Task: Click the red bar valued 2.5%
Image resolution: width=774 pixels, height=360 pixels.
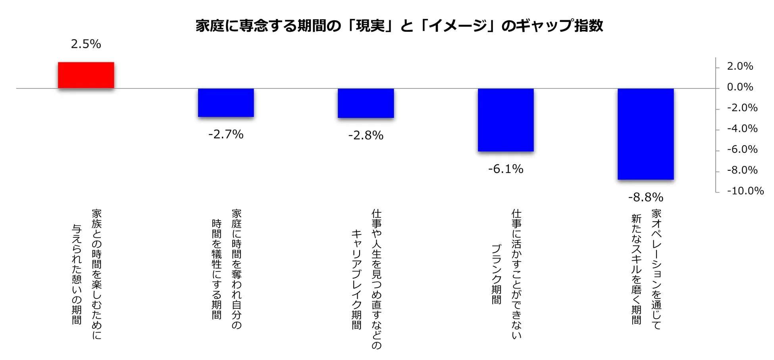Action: [x=86, y=75]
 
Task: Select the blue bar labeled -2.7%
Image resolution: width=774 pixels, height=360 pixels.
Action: [x=226, y=102]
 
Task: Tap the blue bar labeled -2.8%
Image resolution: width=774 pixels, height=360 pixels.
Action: [x=366, y=103]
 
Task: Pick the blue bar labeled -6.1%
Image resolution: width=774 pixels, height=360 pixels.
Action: [x=506, y=120]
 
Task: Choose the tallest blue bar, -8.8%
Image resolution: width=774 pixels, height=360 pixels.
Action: [x=645, y=134]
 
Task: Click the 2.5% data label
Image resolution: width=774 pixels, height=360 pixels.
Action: [x=86, y=44]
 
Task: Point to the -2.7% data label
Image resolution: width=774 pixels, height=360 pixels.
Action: [x=226, y=135]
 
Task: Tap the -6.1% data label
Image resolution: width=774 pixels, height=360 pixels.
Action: [x=506, y=169]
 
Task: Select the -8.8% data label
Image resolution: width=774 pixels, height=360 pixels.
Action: [x=645, y=197]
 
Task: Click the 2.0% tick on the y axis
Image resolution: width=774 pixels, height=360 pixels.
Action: [x=740, y=66]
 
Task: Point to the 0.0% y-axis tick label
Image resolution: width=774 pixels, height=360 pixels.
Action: [x=740, y=87]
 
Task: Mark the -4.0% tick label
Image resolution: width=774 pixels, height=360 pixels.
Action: [x=742, y=129]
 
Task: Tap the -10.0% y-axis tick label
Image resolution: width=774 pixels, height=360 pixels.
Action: [x=745, y=191]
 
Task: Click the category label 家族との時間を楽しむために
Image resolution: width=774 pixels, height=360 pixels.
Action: [x=96, y=274]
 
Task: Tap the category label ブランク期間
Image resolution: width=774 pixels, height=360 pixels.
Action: [x=496, y=274]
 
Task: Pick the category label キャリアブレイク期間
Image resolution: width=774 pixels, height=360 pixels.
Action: [x=356, y=279]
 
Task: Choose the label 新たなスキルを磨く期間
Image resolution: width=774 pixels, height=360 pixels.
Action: [x=636, y=269]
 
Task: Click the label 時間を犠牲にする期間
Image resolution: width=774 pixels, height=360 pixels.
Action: [x=216, y=269]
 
